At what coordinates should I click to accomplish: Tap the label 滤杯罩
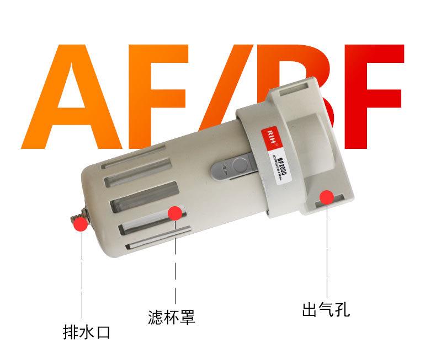click(x=172, y=317)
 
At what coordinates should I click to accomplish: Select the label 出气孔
click(x=326, y=308)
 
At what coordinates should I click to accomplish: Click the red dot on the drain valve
click(x=81, y=223)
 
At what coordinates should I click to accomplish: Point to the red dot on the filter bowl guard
click(x=175, y=213)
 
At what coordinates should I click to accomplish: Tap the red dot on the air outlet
click(x=326, y=196)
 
